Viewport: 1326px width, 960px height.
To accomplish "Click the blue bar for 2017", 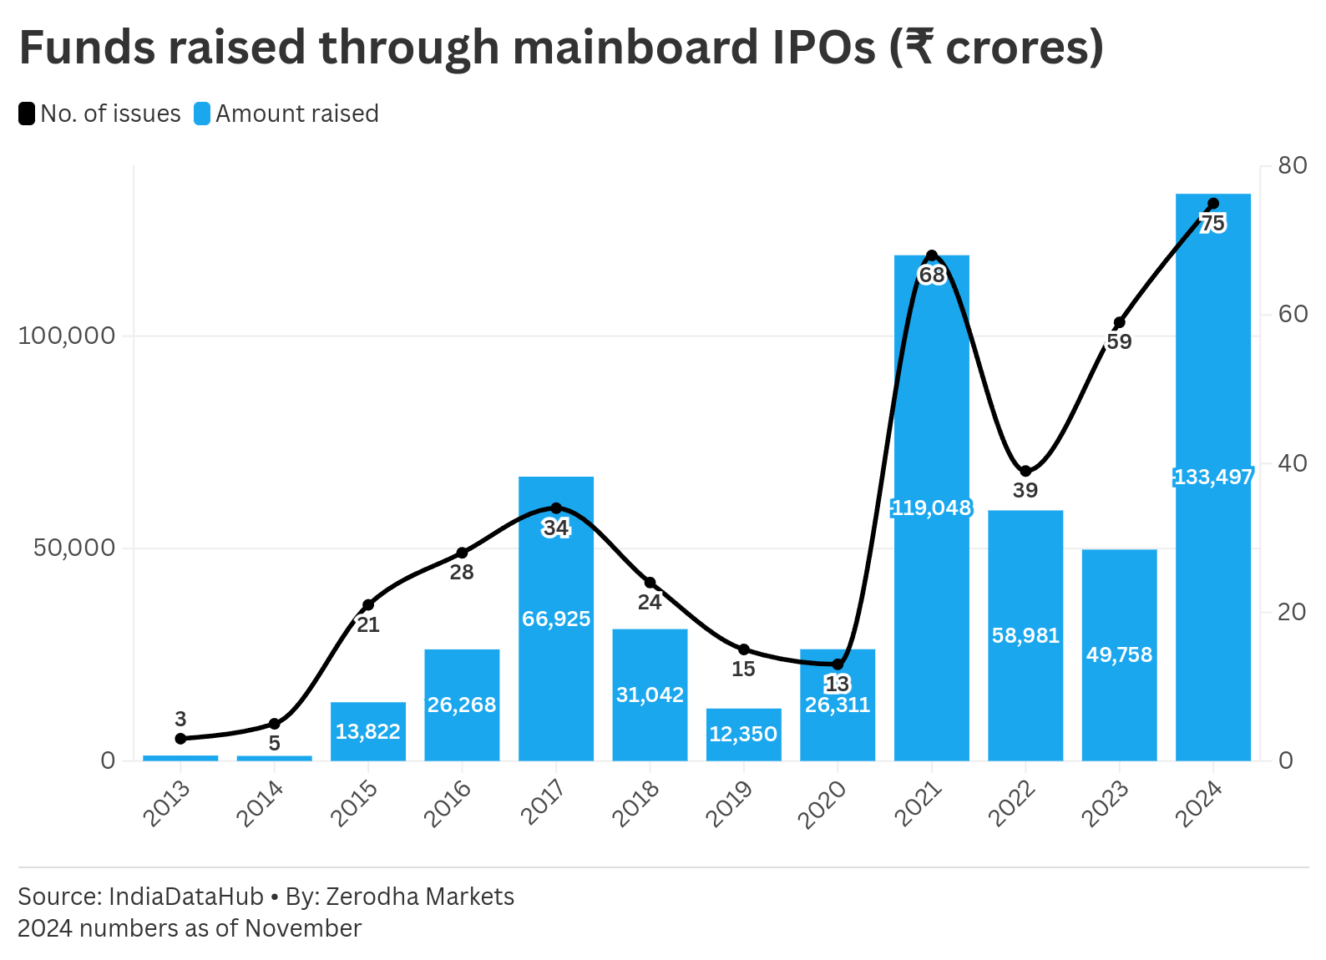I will tap(555, 668).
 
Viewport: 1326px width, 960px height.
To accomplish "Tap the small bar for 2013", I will tap(180, 758).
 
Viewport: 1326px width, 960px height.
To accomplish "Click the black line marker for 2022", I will tap(1025, 472).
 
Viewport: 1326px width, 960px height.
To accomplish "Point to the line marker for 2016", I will tap(462, 553).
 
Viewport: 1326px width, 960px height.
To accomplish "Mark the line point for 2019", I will tap(744, 649).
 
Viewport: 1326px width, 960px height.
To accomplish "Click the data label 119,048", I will tap(931, 508).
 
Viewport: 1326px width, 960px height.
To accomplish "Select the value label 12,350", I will tap(743, 734).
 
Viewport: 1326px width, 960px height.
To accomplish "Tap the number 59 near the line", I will tap(1119, 341).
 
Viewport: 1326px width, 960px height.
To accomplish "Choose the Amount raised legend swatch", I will tap(202, 114).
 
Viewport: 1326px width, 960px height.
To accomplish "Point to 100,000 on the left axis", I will tap(66, 336).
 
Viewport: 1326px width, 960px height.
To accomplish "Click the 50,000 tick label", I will tap(73, 548).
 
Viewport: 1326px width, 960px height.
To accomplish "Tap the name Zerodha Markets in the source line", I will tap(419, 897).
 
